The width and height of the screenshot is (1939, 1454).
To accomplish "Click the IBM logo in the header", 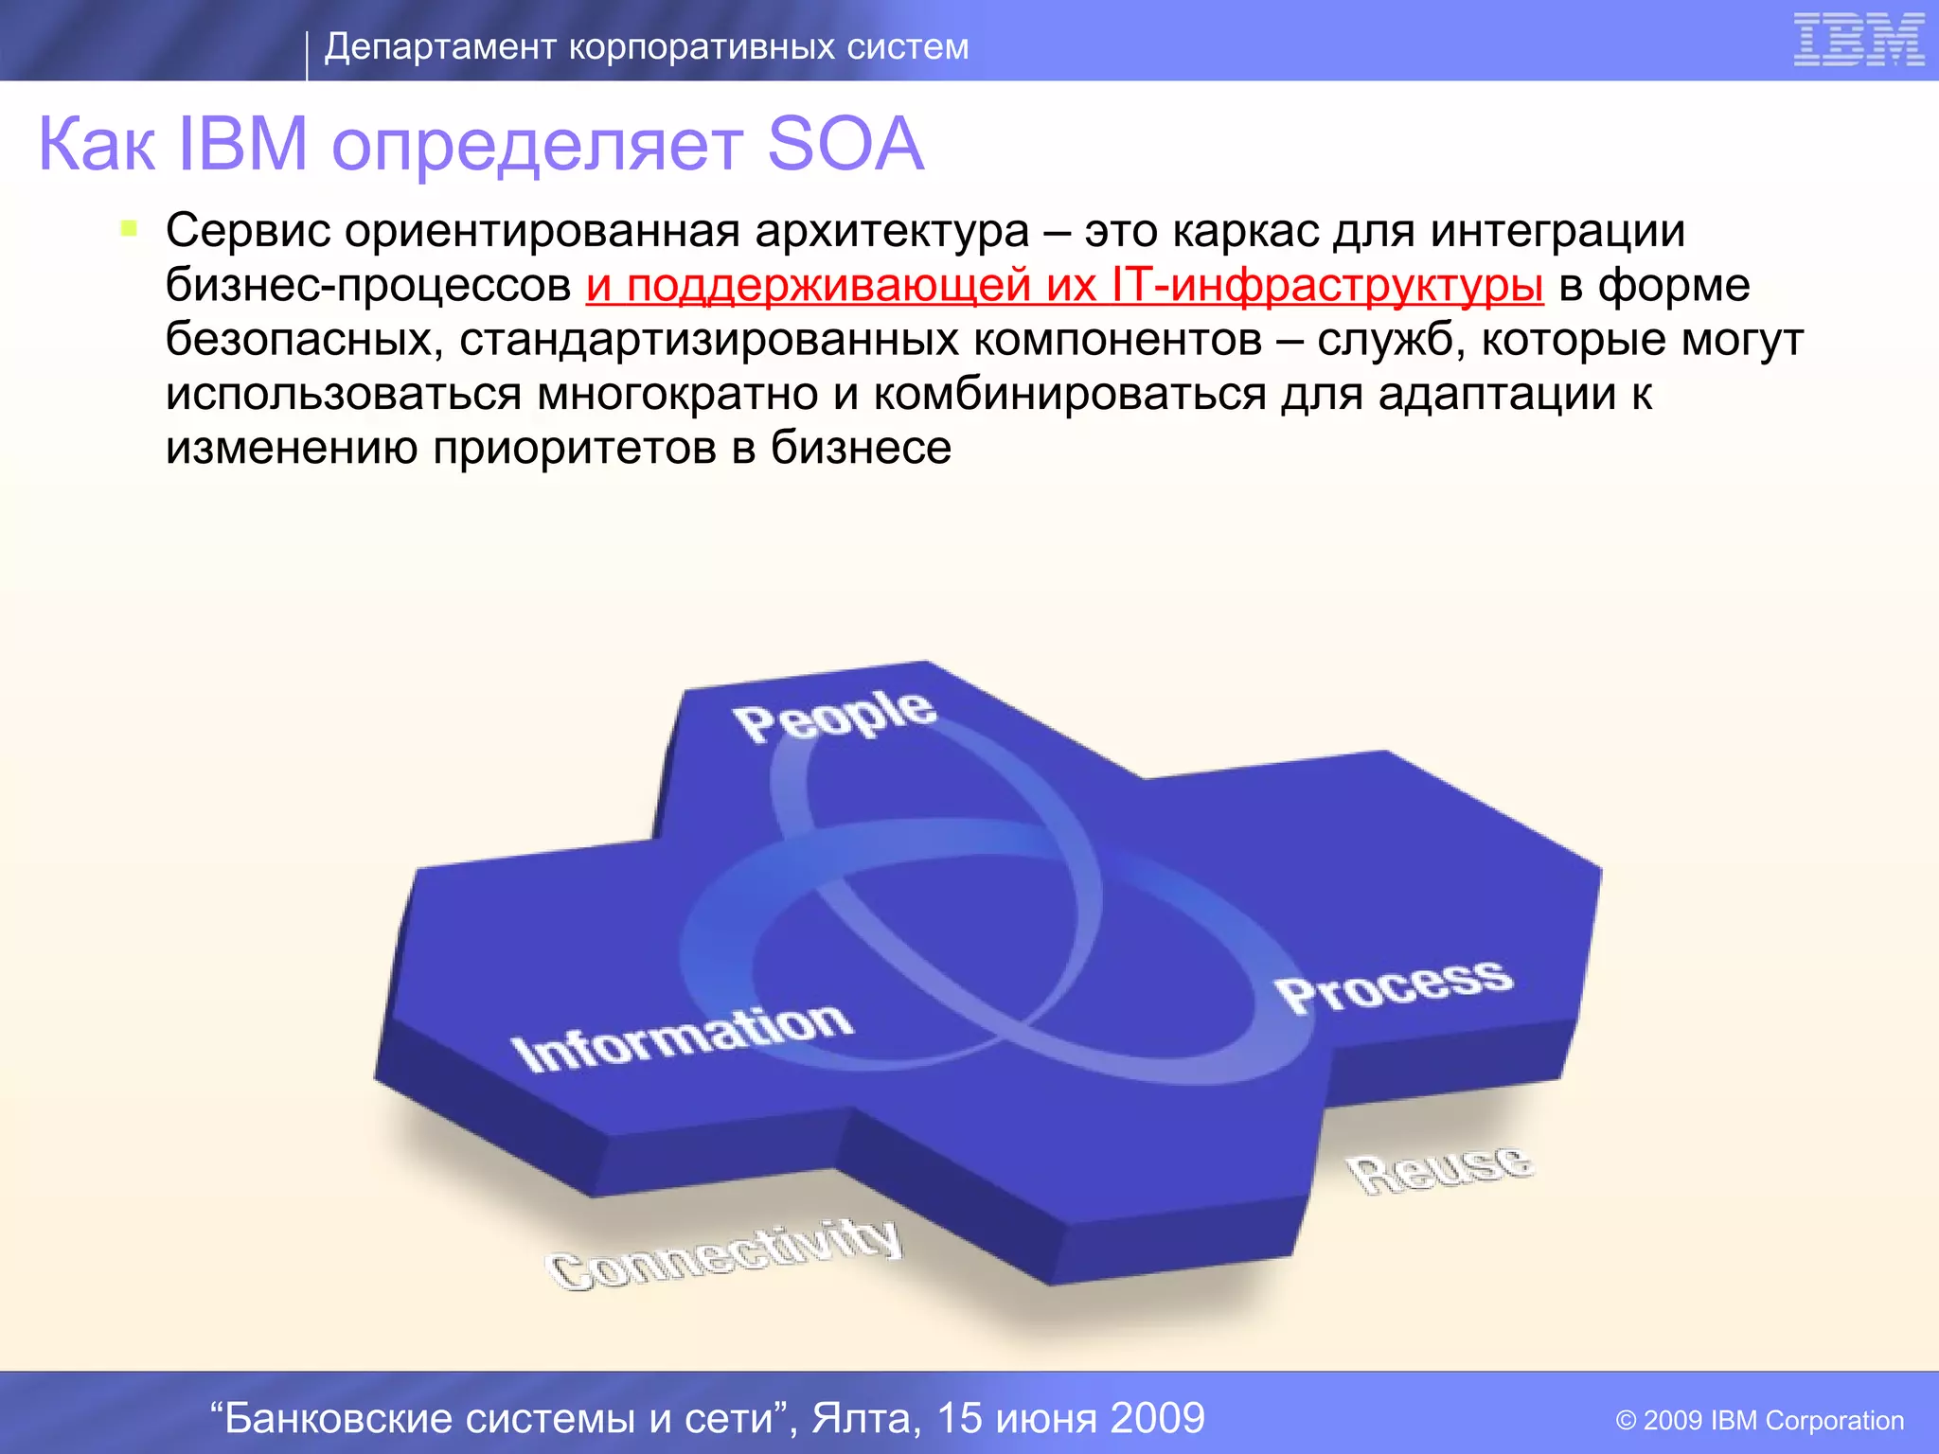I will [x=1859, y=41].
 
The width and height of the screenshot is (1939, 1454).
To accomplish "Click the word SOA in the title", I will [x=845, y=145].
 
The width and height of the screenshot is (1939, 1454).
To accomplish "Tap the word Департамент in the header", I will [x=440, y=46].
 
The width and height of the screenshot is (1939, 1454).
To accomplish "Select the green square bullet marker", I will [x=130, y=228].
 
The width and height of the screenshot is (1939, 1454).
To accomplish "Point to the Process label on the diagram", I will [x=1394, y=985].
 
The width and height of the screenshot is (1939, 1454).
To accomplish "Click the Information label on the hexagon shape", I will [x=682, y=1037].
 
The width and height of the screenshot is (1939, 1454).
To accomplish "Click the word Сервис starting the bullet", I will [x=247, y=230].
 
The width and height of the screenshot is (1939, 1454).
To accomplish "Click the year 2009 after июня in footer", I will [x=1157, y=1418].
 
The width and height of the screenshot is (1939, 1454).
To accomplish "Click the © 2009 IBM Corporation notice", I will [x=1759, y=1420].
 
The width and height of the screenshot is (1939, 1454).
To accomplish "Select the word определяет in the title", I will [x=538, y=145].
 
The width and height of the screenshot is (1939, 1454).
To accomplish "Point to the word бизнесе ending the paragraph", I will [x=861, y=448].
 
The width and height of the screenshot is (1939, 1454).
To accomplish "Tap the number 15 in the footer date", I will [x=960, y=1418].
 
